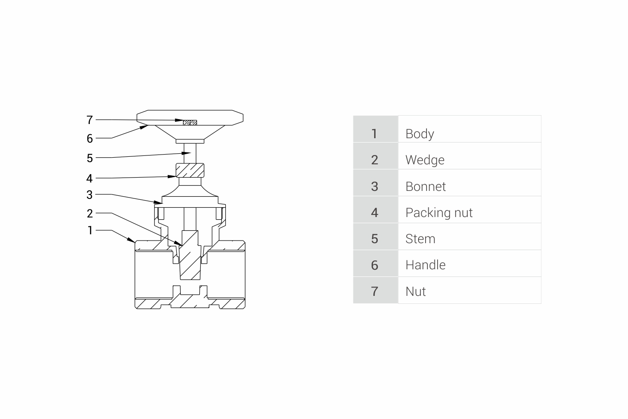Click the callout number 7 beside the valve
[x=90, y=120]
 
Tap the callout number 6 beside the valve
[x=90, y=139]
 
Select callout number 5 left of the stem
[x=90, y=158]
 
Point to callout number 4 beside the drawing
[x=89, y=178]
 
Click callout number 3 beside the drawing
[x=90, y=194]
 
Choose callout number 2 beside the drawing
[x=90, y=213]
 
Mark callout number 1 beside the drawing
[x=90, y=230]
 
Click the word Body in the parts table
[x=420, y=134]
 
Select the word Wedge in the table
[x=425, y=160]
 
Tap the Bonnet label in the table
[x=426, y=186]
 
